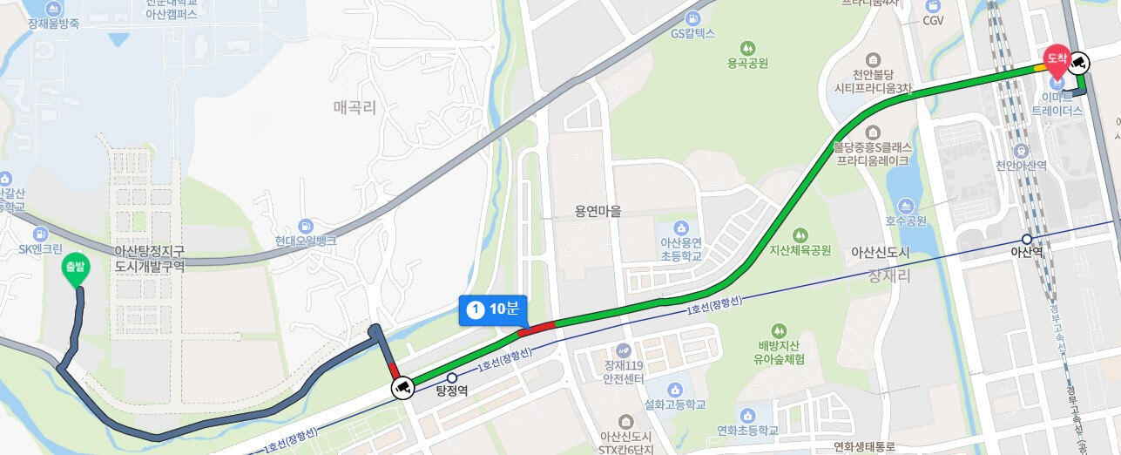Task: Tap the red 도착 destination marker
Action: pyautogui.click(x=1057, y=58)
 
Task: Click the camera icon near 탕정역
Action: pyautogui.click(x=402, y=387)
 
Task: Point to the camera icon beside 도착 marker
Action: pyautogui.click(x=1079, y=62)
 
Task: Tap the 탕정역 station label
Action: pyautogui.click(x=452, y=390)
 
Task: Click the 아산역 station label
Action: pyautogui.click(x=1027, y=251)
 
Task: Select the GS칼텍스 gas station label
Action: pyautogui.click(x=692, y=33)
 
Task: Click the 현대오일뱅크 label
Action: pyautogui.click(x=305, y=240)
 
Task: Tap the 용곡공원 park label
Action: pyautogui.click(x=746, y=63)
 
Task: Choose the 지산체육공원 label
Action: pyautogui.click(x=800, y=249)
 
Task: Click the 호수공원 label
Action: pyautogui.click(x=907, y=221)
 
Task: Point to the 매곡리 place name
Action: pyautogui.click(x=356, y=107)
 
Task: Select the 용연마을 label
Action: pyautogui.click(x=598, y=210)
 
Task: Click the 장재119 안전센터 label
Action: pyautogui.click(x=623, y=371)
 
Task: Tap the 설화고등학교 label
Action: pyautogui.click(x=675, y=404)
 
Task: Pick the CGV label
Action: pyautogui.click(x=933, y=19)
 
